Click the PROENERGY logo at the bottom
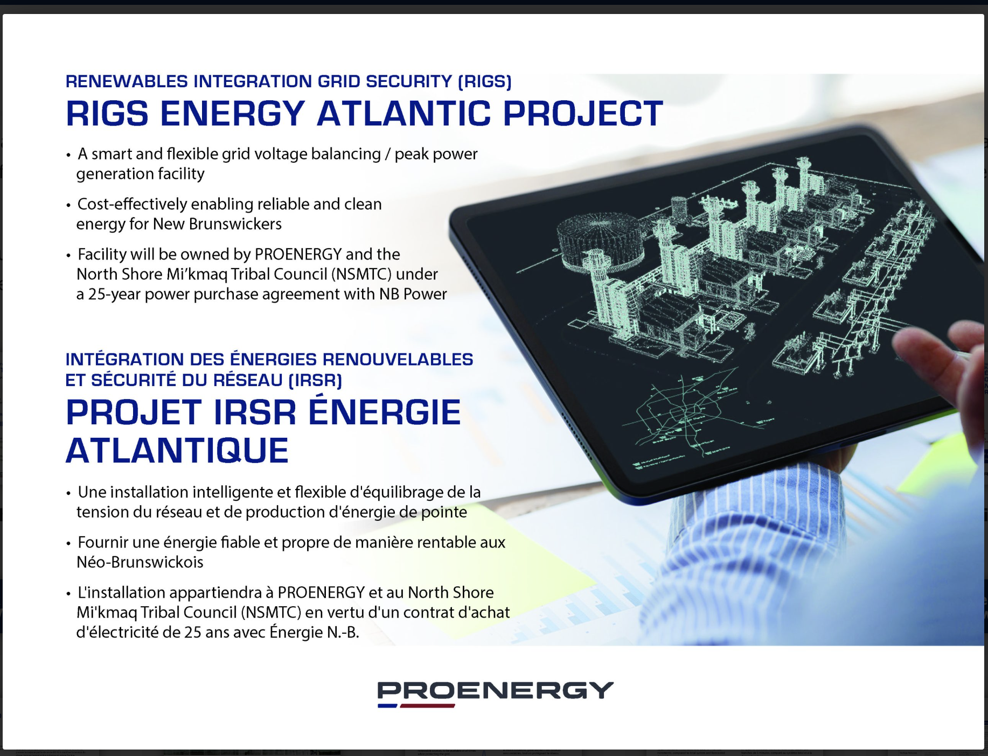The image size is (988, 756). point(495,694)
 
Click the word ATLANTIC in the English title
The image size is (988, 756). point(403,114)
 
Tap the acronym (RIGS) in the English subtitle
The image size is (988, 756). point(484,81)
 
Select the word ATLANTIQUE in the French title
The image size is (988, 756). point(177,451)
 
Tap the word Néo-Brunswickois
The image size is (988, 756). point(140,562)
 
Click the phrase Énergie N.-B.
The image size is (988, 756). point(314,632)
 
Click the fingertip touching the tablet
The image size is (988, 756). point(905,345)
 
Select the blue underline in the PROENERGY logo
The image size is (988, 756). point(387,705)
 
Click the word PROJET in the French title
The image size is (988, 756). point(134,412)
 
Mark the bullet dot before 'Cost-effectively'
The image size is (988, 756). point(68,206)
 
